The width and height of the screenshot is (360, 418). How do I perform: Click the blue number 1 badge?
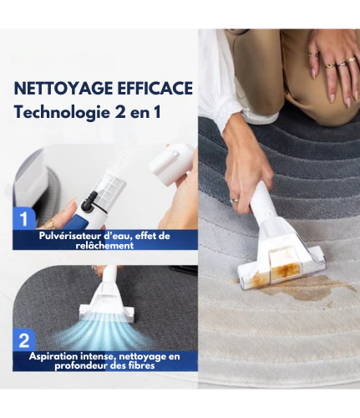pos(25,219)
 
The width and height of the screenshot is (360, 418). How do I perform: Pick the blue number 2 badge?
pos(25,341)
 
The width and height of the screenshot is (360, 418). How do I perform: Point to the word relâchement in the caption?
pos(104,246)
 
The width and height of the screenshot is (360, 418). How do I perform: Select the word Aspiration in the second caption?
pos(58,357)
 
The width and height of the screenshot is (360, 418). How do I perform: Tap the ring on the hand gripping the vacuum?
pos(235,200)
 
